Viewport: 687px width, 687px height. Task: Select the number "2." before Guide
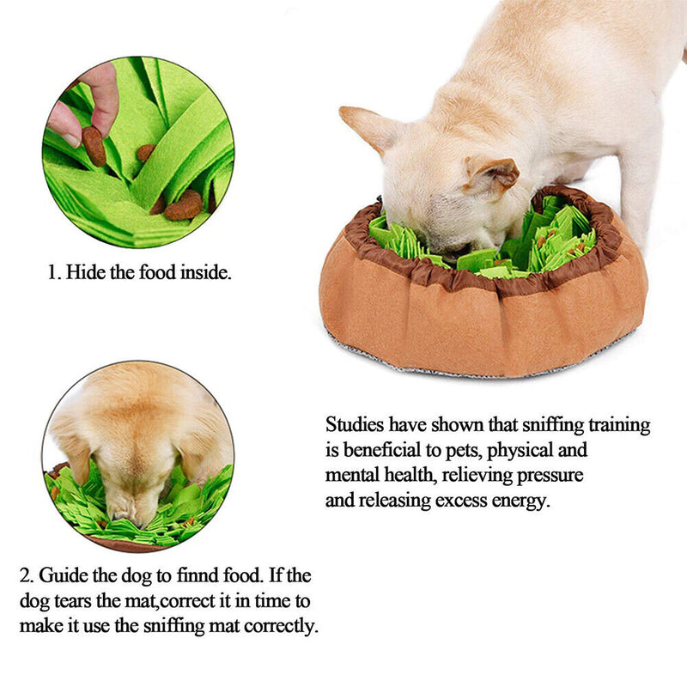[27, 575]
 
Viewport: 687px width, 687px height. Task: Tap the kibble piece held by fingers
[94, 146]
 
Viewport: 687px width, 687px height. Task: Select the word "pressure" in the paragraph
[554, 475]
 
